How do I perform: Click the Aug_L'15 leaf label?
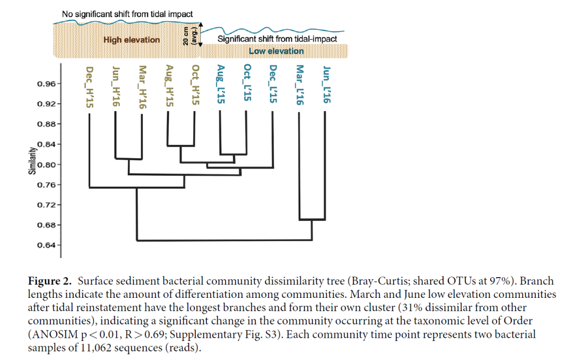[x=221, y=86]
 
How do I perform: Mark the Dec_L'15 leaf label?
[x=273, y=86]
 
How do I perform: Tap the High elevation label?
[x=132, y=40]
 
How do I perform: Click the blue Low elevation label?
[x=276, y=51]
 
